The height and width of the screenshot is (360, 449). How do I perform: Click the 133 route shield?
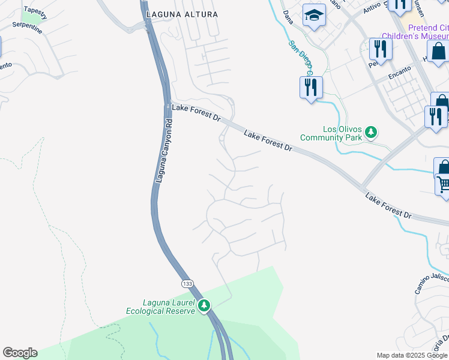pyautogui.click(x=188, y=283)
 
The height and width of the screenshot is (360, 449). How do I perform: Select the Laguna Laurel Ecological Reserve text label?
pyautogui.click(x=160, y=307)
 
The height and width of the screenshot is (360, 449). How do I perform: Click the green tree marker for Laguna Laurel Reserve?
pyautogui.click(x=204, y=306)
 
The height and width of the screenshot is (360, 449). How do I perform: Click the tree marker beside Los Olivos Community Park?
pyautogui.click(x=371, y=132)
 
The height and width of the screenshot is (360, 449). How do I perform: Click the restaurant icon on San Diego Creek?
pyautogui.click(x=311, y=88)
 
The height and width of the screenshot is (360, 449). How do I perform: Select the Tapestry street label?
pyautogui.click(x=35, y=13)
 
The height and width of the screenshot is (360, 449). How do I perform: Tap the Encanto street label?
pyautogui.click(x=400, y=71)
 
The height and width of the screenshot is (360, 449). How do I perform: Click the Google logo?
pyautogui.click(x=20, y=353)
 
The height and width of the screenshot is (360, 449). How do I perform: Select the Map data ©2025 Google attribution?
pyautogui.click(x=411, y=355)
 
